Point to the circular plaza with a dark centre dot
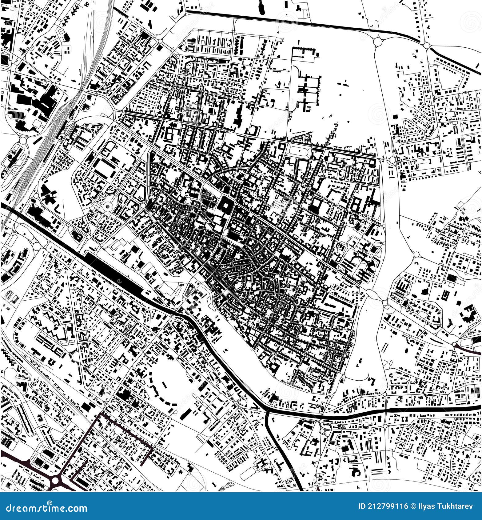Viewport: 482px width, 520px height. pyautogui.click(x=108, y=207)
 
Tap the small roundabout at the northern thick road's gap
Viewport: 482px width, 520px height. pyautogui.click(x=427, y=46)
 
